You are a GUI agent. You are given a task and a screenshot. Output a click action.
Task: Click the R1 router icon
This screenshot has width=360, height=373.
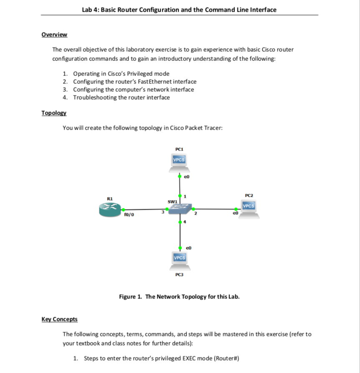[110, 210]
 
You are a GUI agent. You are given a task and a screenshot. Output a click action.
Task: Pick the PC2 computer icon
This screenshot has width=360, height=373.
[249, 209]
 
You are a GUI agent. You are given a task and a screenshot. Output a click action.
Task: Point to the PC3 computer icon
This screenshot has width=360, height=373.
[180, 260]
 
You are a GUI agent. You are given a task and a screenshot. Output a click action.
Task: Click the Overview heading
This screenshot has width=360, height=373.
[54, 35]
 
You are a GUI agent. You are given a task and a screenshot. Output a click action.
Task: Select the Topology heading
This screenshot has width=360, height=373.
[54, 113]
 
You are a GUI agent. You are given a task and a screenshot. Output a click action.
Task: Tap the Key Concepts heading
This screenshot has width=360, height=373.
[60, 319]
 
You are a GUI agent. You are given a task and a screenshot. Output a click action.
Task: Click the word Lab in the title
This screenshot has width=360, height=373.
[88, 10]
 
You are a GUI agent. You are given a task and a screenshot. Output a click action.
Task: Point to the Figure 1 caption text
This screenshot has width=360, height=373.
[179, 297]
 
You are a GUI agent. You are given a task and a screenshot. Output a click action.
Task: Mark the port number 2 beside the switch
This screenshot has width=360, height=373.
[195, 213]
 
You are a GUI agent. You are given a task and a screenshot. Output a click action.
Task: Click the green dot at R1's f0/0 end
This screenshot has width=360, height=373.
[123, 210]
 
